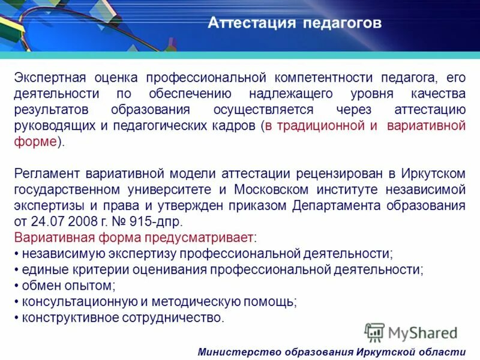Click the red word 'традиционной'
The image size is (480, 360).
316,126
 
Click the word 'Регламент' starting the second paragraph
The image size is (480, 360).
46,173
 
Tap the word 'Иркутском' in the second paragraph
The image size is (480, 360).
431,173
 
